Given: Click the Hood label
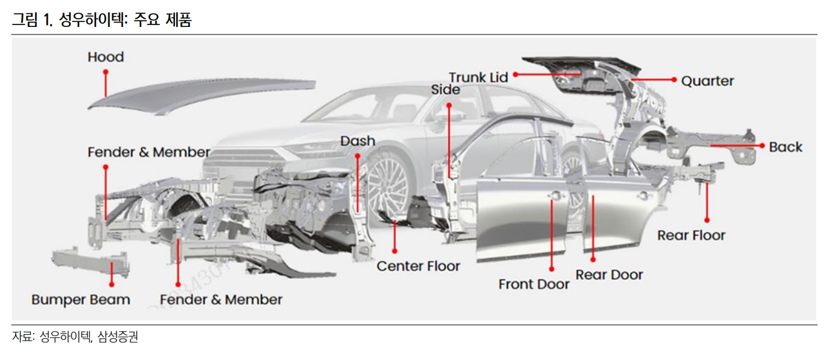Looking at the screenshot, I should point(105,57).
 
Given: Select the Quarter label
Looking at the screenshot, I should point(707,81).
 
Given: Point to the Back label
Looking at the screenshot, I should point(786,147).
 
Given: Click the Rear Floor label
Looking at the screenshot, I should point(691,235).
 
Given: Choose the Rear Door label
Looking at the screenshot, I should point(609,275).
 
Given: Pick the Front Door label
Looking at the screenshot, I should point(534,284).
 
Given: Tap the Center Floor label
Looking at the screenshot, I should point(418,266).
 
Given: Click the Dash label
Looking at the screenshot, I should point(357,140).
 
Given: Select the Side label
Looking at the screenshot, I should point(445,90).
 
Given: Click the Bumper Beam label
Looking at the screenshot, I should point(81,300).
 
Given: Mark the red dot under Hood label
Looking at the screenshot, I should point(105,72).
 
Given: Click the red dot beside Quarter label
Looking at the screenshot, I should point(674,80).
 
